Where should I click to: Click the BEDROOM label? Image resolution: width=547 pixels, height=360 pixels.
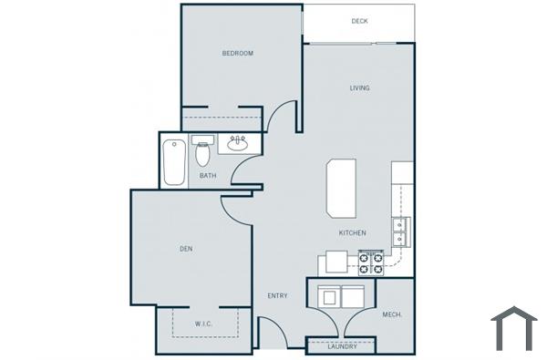pos(237,54)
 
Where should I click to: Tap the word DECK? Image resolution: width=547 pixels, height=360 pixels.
pos(359,21)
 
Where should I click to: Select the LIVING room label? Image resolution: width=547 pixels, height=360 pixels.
pos(359,88)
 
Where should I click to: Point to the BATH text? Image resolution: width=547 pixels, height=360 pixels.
pos(208,176)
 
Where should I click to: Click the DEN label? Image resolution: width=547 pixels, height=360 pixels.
pos(185,249)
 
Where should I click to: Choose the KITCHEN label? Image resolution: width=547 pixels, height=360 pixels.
pos(352,232)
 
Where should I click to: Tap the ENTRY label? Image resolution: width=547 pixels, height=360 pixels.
pos(277,296)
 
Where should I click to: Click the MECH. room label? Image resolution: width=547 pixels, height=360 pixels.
pos(393,314)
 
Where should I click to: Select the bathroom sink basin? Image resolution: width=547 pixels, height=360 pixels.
pos(238,143)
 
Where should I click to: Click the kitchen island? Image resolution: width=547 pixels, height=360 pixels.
pos(342,188)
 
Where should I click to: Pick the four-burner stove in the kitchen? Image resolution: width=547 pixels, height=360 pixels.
pos(371,262)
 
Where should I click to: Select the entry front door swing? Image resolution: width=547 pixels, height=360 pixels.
pos(272,330)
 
